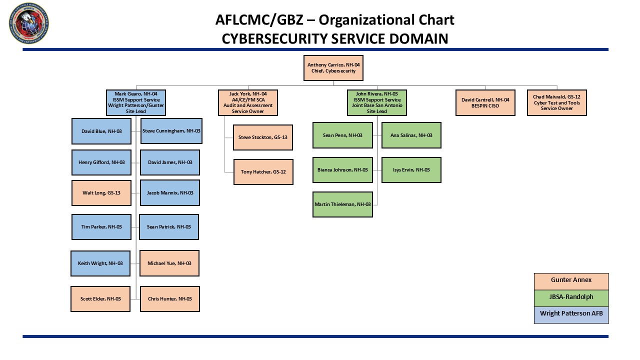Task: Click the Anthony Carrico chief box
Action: click(x=333, y=68)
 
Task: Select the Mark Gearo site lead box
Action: click(x=136, y=102)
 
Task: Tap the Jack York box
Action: click(x=248, y=102)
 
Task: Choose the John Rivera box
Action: click(x=377, y=102)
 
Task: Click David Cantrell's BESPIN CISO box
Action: click(x=485, y=102)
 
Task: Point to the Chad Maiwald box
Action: click(x=557, y=102)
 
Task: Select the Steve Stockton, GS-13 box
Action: click(x=263, y=137)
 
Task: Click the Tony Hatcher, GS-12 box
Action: click(x=263, y=171)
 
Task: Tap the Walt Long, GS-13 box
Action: click(x=101, y=192)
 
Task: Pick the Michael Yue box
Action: click(x=169, y=263)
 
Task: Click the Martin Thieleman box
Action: click(x=342, y=204)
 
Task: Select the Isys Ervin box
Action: click(x=411, y=170)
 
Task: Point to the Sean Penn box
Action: click(x=342, y=135)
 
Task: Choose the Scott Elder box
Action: click(x=100, y=299)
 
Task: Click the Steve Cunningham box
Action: click(x=171, y=131)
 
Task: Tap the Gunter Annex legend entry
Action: click(x=571, y=281)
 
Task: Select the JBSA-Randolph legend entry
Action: click(x=571, y=297)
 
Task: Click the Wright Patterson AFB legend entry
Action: click(x=571, y=314)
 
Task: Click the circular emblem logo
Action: click(x=29, y=23)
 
